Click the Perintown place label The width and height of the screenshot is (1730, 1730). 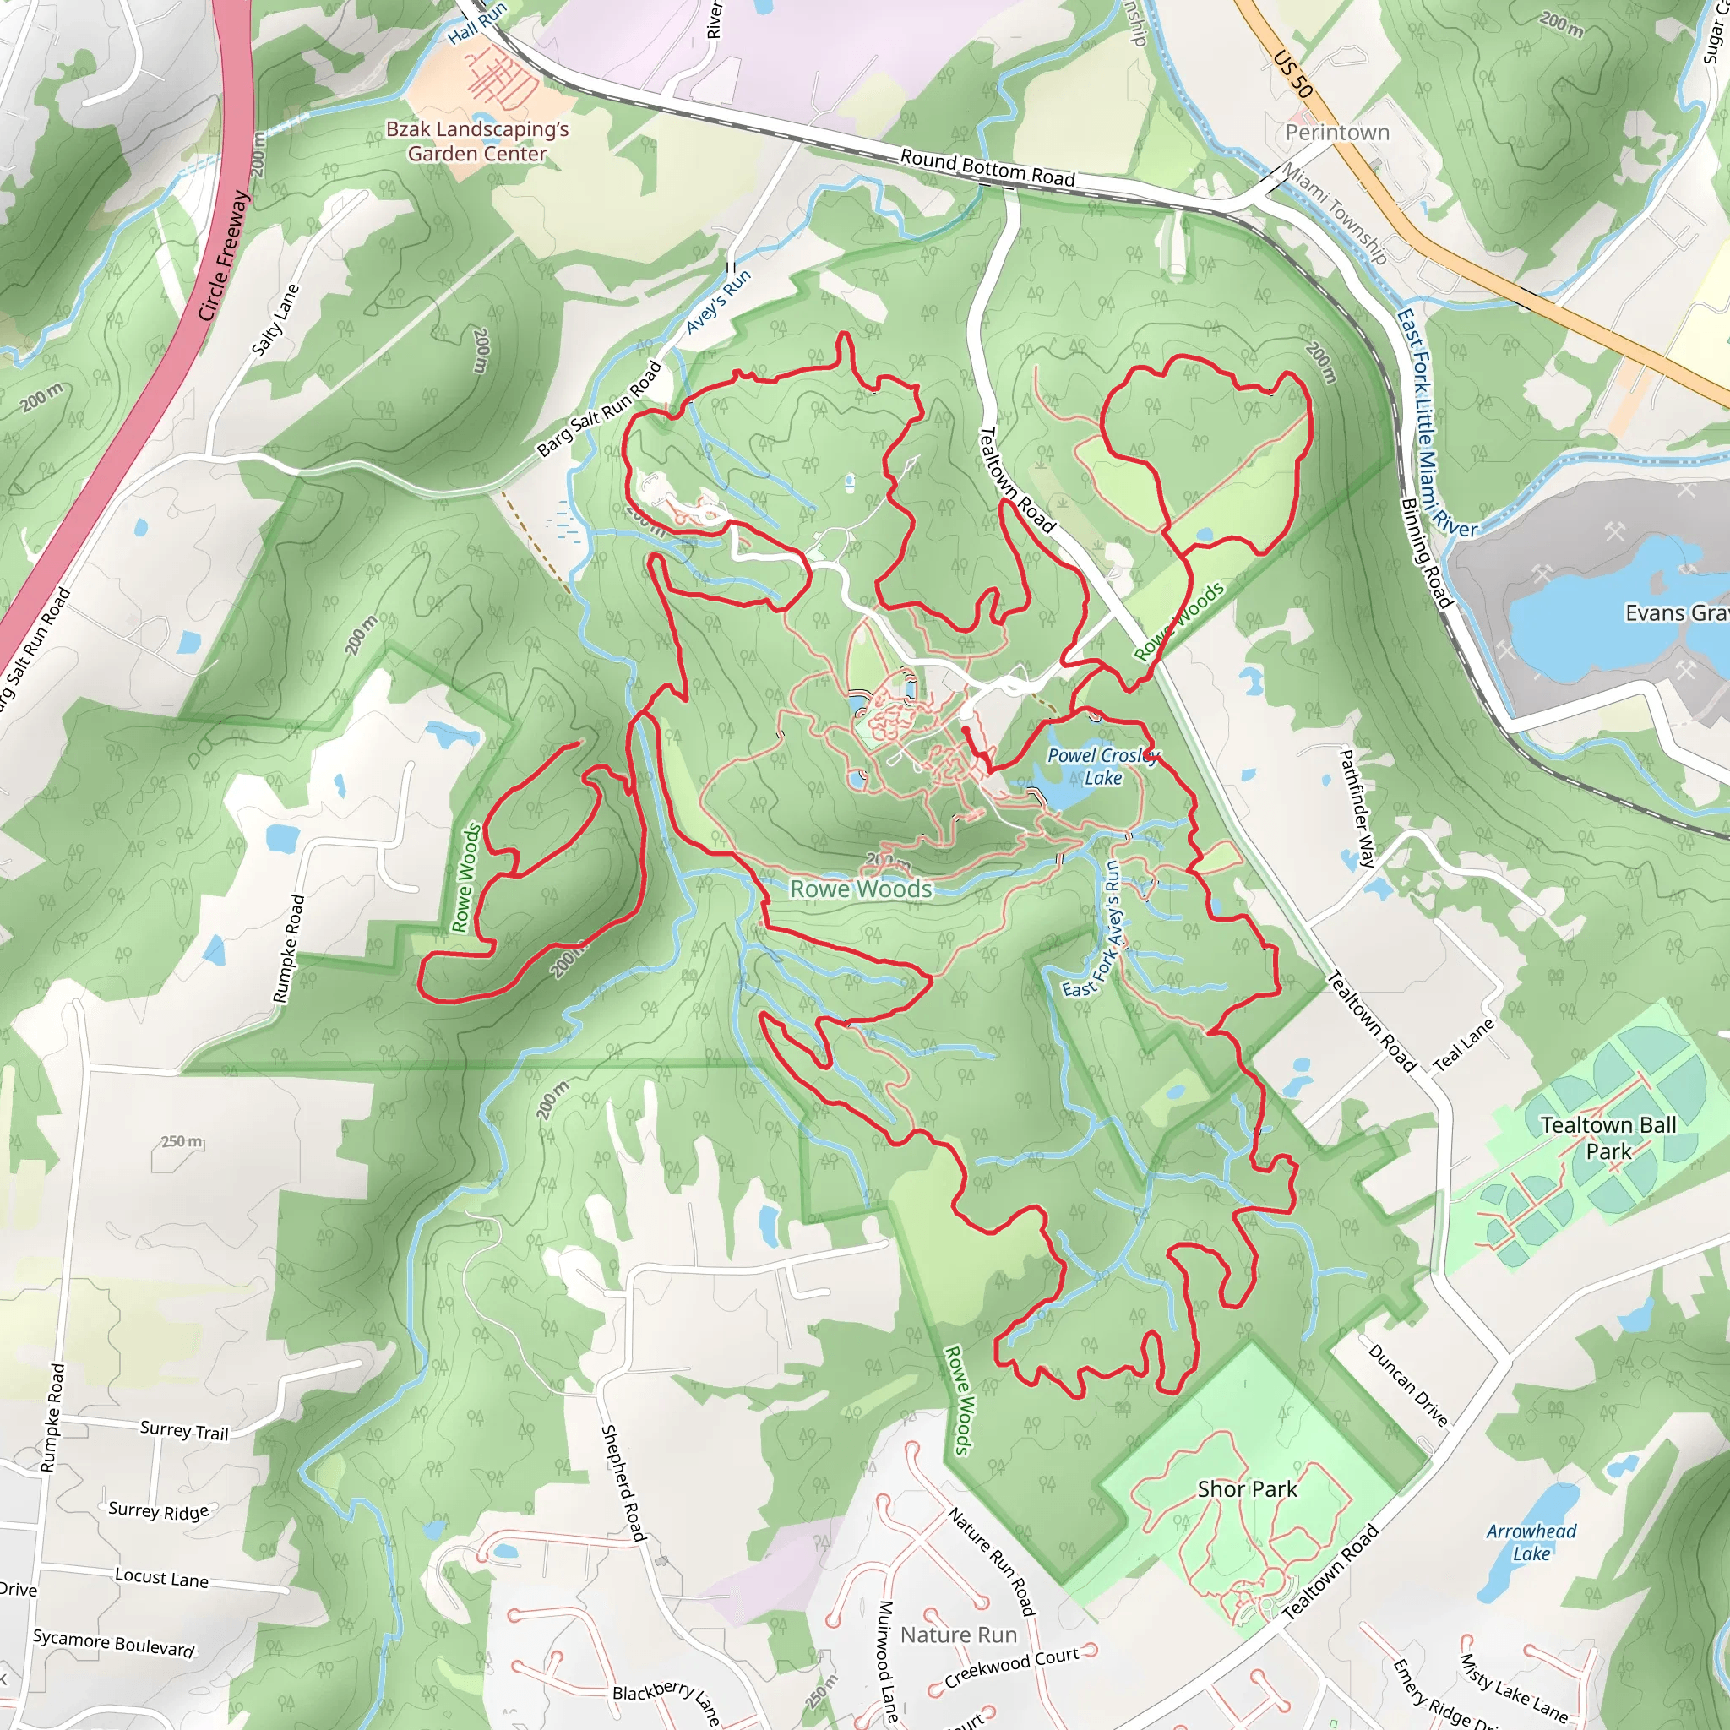point(1337,133)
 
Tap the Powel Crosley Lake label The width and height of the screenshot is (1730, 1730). point(1103,766)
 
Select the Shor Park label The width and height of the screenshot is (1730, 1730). point(1248,1488)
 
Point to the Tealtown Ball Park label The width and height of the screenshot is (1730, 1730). point(1608,1137)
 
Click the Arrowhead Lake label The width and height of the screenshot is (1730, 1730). point(1531,1542)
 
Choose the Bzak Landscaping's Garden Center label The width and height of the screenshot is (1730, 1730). point(477,141)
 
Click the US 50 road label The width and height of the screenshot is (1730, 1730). point(1292,73)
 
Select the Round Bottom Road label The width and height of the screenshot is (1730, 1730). point(987,168)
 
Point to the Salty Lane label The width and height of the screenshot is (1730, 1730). point(275,319)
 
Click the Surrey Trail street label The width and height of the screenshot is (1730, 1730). point(183,1430)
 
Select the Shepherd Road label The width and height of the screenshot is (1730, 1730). point(623,1482)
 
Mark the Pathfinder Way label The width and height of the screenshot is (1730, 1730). point(1357,808)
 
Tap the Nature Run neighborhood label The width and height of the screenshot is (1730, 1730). point(958,1635)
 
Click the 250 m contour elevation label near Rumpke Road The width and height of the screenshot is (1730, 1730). point(182,1142)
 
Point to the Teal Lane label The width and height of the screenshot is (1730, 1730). point(1463,1044)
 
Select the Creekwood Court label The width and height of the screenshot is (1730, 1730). point(1011,1665)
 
